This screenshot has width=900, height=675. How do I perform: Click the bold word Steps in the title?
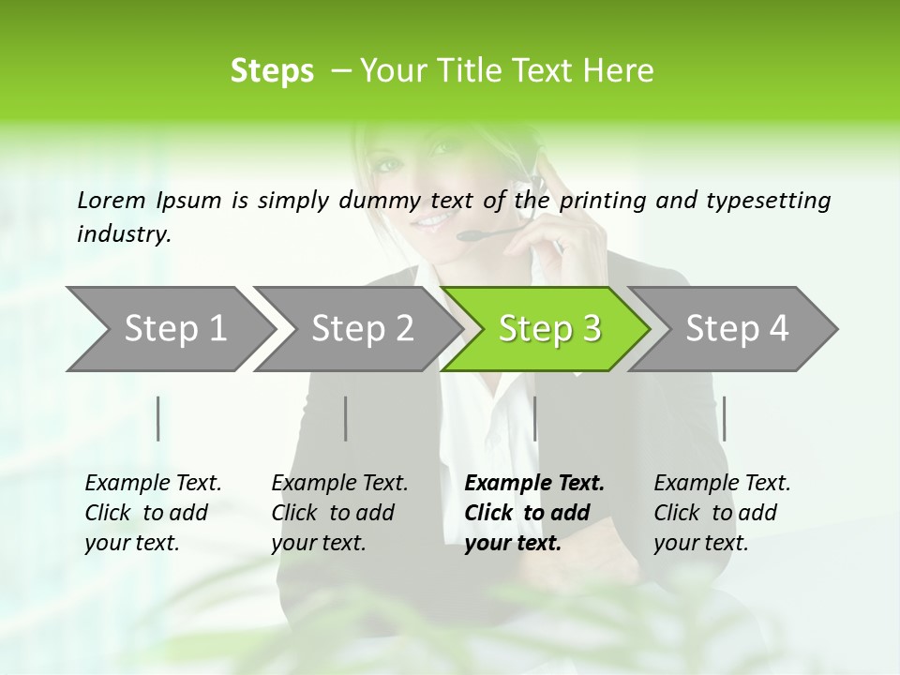coord(272,70)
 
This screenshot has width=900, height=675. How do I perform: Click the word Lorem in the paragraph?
coord(111,200)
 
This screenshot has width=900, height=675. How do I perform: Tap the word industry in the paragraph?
coord(124,233)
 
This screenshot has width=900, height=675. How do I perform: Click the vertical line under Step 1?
coord(158,418)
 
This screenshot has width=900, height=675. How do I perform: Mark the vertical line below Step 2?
coord(346,418)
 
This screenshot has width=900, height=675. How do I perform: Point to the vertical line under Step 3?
coord(535,418)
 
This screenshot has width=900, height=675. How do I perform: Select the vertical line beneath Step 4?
coord(724,418)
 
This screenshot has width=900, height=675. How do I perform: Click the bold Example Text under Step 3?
coord(534,484)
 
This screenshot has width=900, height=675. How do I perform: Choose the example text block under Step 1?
coord(153,513)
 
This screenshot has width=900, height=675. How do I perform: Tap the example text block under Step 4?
coord(722,513)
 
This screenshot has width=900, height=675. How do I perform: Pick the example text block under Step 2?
coord(339,513)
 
